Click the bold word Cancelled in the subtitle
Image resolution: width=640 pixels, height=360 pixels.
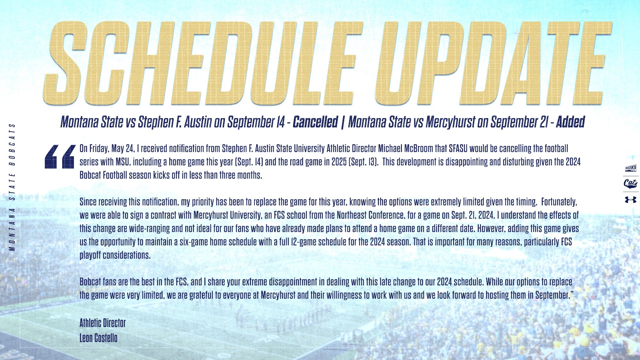pyautogui.click(x=315, y=122)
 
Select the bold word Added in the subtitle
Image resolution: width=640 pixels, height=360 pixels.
pyautogui.click(x=570, y=122)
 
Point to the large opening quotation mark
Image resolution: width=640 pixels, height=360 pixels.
pyautogui.click(x=60, y=156)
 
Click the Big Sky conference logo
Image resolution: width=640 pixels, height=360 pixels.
pyautogui.click(x=631, y=168)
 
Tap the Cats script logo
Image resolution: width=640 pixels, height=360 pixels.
pyautogui.click(x=631, y=184)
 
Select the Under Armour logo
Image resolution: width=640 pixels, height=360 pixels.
pyautogui.click(x=631, y=200)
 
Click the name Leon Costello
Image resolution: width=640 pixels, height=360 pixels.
pyautogui.click(x=99, y=338)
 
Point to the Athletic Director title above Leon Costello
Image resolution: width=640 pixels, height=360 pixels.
pyautogui.click(x=103, y=323)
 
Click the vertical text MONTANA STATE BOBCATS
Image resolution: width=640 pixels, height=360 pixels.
pyautogui.click(x=12, y=187)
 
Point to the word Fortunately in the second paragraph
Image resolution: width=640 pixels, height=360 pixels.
pyautogui.click(x=559, y=202)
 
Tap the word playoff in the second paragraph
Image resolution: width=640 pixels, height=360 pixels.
pyautogui.click(x=90, y=255)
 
